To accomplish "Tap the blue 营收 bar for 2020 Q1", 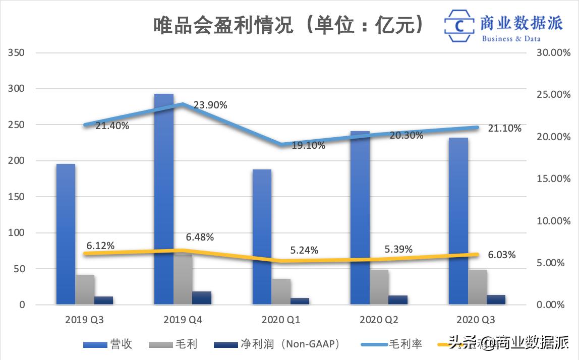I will [x=262, y=237].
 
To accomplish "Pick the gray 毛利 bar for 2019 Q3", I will [x=85, y=290].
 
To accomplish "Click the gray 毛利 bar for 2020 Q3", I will [x=477, y=287].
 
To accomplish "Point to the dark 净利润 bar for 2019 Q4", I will [x=202, y=298].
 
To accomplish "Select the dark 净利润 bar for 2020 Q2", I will [x=398, y=300].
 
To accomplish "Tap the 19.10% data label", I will [x=308, y=146].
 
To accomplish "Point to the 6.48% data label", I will [x=200, y=237].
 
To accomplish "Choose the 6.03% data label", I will [x=501, y=255].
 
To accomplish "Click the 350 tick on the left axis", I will [x=17, y=52].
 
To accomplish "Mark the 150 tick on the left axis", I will [x=17, y=197].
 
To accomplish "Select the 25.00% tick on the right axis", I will [x=553, y=95].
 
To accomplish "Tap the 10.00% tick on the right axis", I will [x=553, y=221].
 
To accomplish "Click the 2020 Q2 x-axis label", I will [x=378, y=320].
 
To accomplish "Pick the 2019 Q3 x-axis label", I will [x=84, y=320].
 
